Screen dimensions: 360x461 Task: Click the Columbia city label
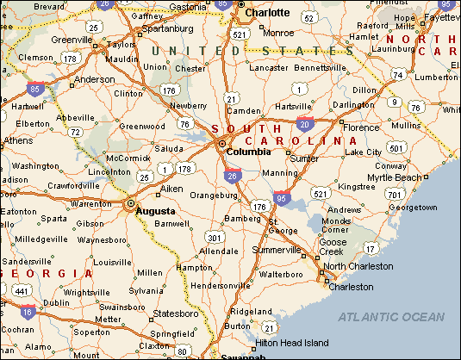248,152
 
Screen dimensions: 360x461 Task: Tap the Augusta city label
156,210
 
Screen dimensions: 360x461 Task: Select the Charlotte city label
268,13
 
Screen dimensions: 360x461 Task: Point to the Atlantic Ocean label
391,318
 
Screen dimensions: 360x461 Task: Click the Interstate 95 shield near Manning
282,198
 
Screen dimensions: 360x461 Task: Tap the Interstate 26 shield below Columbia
232,176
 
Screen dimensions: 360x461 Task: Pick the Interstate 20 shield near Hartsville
304,124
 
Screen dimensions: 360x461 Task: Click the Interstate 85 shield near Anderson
35,88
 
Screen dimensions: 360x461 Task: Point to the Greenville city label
72,40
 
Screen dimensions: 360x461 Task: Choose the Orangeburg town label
213,196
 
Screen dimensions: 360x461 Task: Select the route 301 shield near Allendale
215,237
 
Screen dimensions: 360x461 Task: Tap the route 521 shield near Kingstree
320,194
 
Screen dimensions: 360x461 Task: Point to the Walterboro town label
282,275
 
